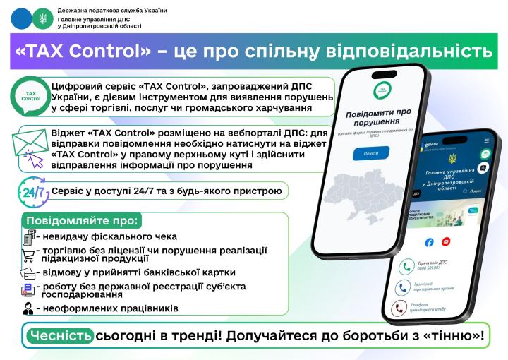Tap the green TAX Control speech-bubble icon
[31, 96]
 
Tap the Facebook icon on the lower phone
[429, 241]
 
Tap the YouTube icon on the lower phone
[446, 241]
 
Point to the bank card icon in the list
[30, 272]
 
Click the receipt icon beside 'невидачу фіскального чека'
[30, 236]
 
